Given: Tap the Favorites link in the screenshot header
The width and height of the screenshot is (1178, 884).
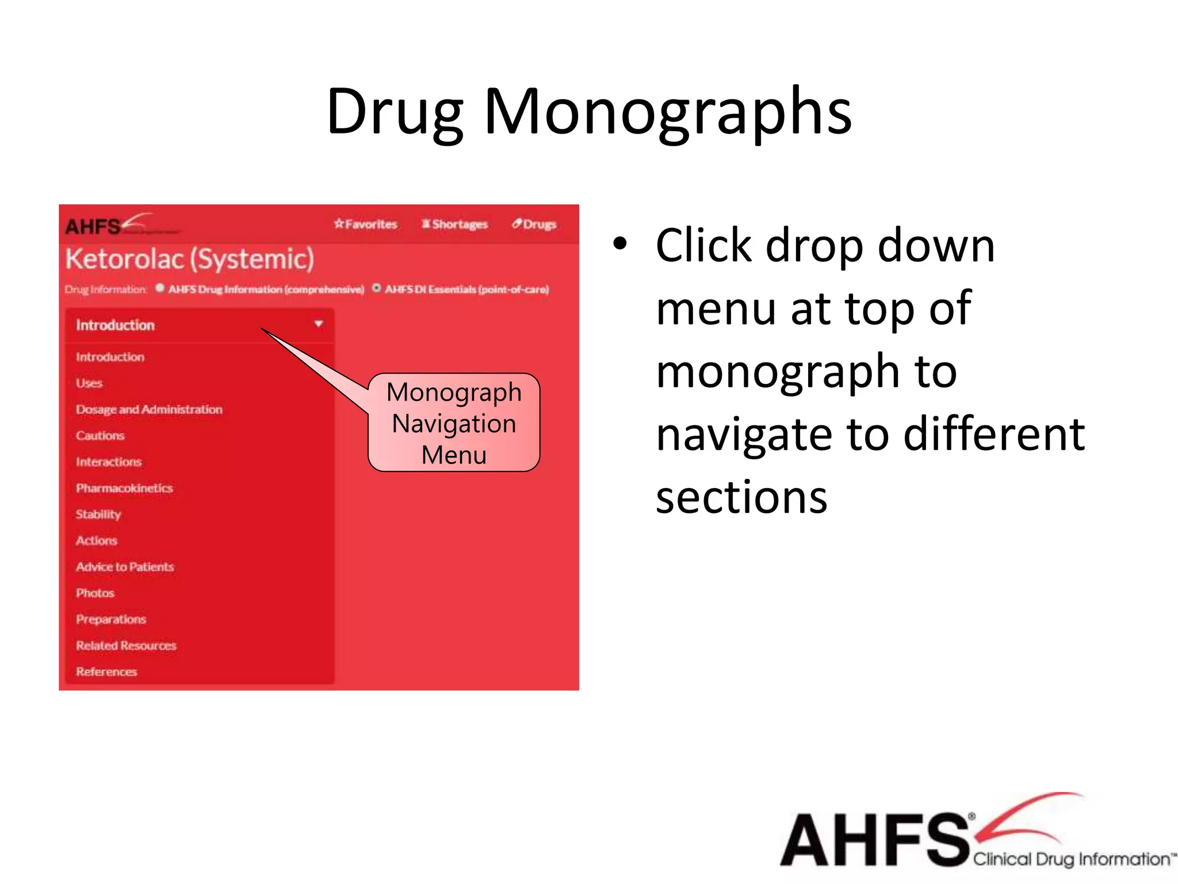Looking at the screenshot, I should (x=366, y=224).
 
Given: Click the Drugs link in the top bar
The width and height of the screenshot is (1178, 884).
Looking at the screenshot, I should (x=534, y=224).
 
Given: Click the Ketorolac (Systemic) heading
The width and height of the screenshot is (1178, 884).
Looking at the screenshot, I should (x=190, y=259).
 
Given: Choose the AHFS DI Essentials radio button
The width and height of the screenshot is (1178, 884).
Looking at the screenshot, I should (x=377, y=288).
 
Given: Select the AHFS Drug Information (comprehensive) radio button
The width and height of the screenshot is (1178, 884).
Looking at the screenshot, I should (x=160, y=288).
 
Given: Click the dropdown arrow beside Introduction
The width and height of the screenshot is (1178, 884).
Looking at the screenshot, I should (x=318, y=324).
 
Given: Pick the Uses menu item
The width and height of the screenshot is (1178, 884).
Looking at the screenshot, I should (x=89, y=383).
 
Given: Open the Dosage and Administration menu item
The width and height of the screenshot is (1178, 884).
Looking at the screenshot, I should (x=149, y=409).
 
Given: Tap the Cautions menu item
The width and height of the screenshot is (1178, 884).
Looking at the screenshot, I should (x=100, y=436).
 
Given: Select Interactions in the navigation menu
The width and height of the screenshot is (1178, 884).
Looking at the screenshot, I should (x=109, y=462).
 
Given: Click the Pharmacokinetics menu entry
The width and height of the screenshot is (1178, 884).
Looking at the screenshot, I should (x=124, y=488).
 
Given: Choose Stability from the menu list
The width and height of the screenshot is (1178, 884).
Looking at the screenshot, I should (x=98, y=514).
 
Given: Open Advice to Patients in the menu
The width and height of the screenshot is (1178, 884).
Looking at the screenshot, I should (x=125, y=567).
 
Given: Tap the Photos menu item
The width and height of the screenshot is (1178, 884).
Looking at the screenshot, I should (x=95, y=593).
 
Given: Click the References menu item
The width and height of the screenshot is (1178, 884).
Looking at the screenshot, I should (x=106, y=672).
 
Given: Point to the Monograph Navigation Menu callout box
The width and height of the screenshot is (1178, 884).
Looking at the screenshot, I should (x=454, y=423).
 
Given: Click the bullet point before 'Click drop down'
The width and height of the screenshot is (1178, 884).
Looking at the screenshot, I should (x=619, y=243).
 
